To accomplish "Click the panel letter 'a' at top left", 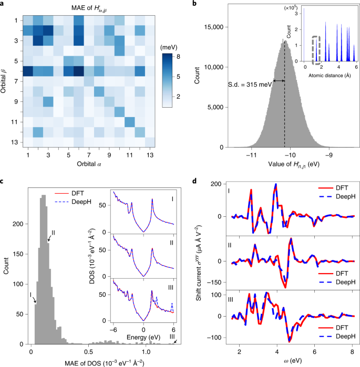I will [x=3, y=5].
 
